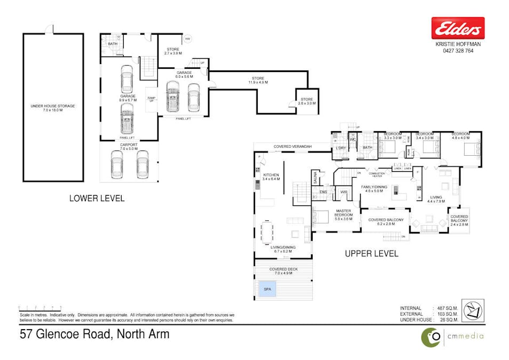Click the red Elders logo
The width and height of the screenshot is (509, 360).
coord(458,28)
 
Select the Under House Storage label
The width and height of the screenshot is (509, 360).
coord(52,108)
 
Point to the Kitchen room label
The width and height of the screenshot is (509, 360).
coord(271,177)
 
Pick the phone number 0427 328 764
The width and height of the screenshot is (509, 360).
coord(458,51)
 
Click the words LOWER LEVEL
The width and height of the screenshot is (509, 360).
coord(97,198)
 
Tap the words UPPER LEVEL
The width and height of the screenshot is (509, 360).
coord(372,253)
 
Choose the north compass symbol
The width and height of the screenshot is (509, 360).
coord(473,310)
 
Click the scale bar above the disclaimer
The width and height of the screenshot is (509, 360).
coord(40,308)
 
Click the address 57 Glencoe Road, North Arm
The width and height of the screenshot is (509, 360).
coord(94,334)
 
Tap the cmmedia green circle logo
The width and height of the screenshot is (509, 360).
coord(431,337)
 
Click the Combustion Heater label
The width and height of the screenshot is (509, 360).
coord(377,175)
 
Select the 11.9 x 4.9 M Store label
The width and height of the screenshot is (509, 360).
coord(258,81)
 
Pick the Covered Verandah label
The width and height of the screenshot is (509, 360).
coord(293,146)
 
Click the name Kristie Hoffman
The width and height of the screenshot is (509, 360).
coord(458,45)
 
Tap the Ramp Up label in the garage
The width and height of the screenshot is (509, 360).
coord(152,99)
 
